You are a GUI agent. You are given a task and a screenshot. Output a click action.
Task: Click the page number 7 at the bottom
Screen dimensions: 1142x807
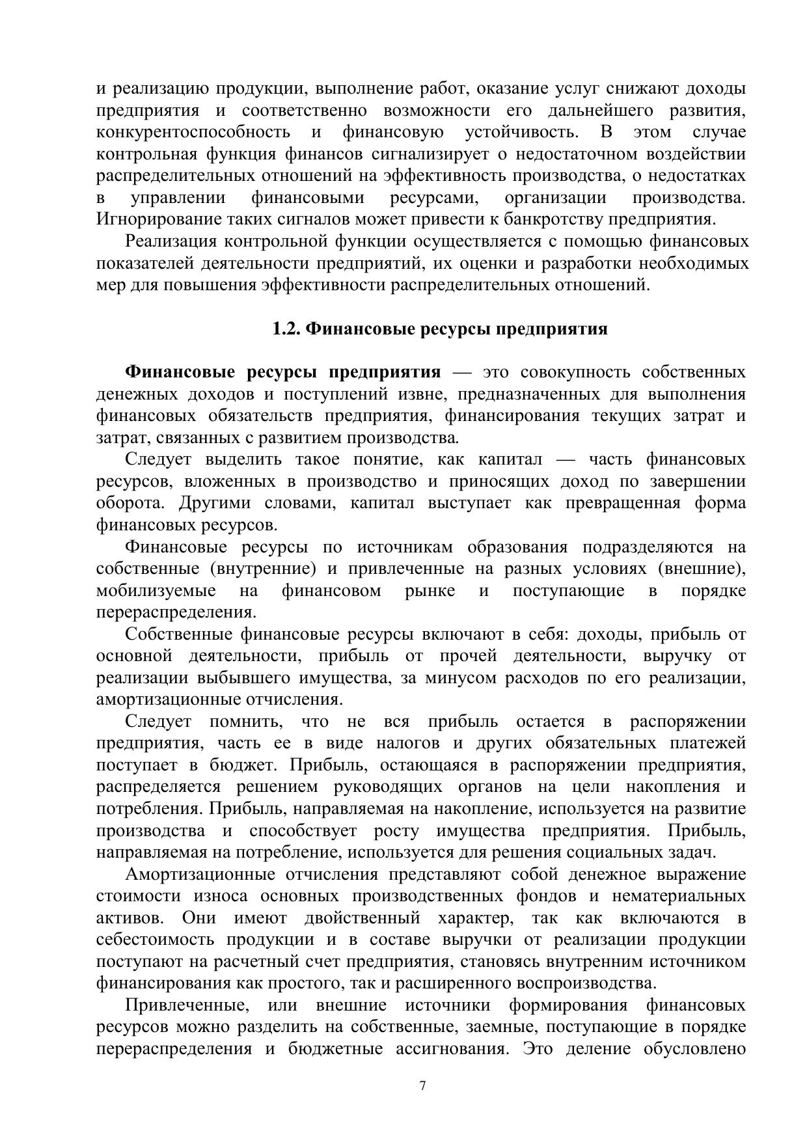click(x=422, y=1085)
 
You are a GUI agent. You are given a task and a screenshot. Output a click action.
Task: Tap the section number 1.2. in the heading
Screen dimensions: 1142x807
click(x=286, y=329)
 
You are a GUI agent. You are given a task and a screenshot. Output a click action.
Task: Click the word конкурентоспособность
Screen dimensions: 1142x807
click(x=193, y=132)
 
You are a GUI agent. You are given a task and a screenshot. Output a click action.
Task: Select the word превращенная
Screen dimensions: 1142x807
click(x=623, y=504)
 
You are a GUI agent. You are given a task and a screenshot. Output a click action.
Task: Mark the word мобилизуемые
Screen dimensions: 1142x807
click(x=156, y=591)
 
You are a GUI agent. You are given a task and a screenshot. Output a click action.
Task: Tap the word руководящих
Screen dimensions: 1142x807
click(x=389, y=787)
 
